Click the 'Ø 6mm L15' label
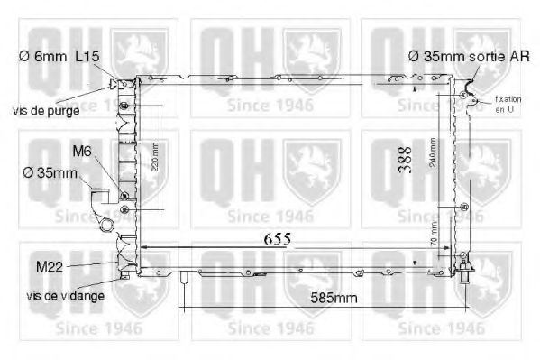tap(59, 56)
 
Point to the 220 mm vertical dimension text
tap(154, 155)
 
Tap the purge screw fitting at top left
tap(114, 84)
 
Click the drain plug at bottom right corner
tap(465, 267)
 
